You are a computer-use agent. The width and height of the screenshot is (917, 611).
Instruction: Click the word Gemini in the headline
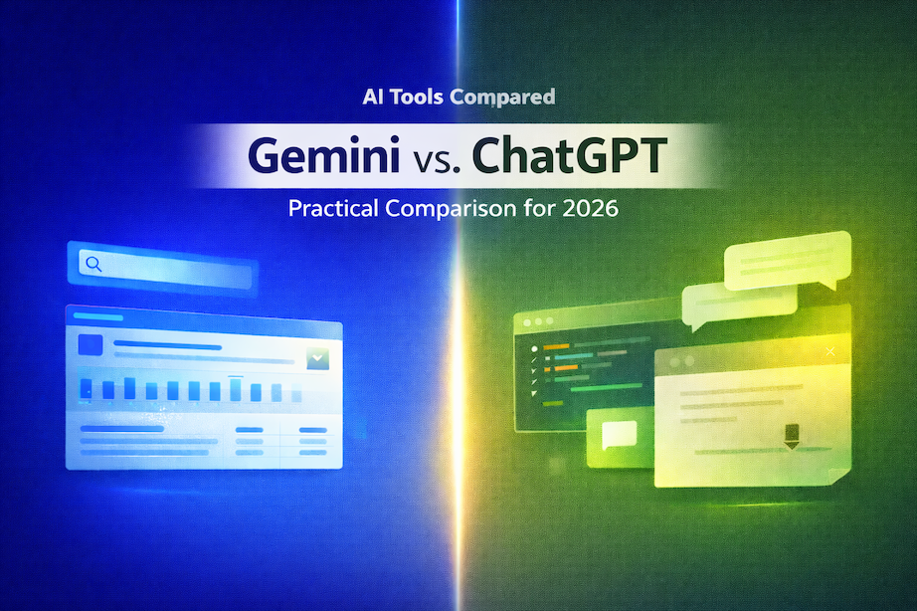tap(301, 158)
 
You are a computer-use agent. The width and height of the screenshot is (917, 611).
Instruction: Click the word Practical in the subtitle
tap(331, 211)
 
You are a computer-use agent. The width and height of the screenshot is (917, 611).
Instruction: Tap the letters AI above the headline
tap(374, 98)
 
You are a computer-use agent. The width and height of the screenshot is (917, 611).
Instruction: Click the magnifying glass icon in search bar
tap(93, 264)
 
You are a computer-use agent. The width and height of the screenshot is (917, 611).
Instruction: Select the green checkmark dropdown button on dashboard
tap(317, 358)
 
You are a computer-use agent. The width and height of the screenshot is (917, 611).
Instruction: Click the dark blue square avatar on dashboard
tap(91, 344)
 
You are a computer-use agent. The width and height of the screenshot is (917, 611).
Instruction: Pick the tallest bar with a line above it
tap(236, 388)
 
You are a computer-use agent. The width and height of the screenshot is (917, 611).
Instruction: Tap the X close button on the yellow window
tap(830, 351)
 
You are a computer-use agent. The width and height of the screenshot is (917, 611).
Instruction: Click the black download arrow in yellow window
tap(792, 435)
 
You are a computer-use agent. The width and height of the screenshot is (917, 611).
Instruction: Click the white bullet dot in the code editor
tap(534, 349)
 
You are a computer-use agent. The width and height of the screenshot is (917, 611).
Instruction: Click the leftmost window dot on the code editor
tap(525, 323)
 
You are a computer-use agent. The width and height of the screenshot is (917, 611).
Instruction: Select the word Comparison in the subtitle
tap(471, 211)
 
